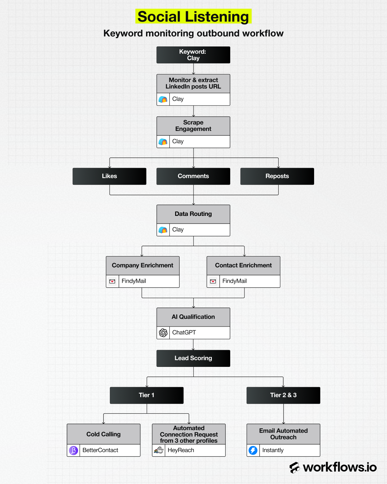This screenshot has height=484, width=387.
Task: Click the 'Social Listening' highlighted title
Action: tap(193, 17)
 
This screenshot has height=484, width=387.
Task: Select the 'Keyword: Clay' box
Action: tap(193, 55)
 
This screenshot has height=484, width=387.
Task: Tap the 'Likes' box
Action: tap(109, 176)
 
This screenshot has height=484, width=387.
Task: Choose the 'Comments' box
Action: tap(193, 176)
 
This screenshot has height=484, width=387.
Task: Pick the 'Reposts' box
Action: tap(277, 176)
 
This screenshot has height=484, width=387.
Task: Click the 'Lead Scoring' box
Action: tap(193, 358)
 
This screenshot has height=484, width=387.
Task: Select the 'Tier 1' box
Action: tap(147, 395)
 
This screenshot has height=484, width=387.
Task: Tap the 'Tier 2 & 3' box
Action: tap(283, 395)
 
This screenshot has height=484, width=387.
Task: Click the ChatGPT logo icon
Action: tap(163, 333)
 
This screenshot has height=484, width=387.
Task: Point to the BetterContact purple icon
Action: tap(74, 450)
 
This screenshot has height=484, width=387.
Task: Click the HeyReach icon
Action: tap(159, 450)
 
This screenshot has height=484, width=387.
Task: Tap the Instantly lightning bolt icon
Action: tap(253, 450)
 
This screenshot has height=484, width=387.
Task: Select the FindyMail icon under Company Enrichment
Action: tap(112, 281)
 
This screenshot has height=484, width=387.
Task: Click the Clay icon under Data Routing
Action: tap(163, 230)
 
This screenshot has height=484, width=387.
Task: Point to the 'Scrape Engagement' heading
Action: tap(193, 126)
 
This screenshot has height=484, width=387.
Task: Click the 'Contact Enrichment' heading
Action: tap(243, 266)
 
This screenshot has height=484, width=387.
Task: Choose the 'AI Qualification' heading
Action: tap(193, 317)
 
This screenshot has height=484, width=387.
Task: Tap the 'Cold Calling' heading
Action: tap(104, 434)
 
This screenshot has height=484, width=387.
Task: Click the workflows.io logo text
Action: tap(340, 467)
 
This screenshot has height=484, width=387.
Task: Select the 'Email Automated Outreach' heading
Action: tap(283, 434)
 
